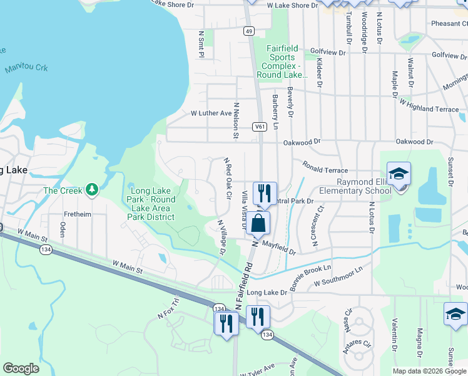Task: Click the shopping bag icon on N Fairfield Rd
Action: tap(258, 222)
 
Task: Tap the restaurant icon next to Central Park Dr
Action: tap(265, 192)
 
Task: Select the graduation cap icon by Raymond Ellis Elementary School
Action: tap(399, 173)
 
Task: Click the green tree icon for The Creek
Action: tap(93, 189)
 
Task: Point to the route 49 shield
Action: tap(249, 31)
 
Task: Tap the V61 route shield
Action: tap(260, 127)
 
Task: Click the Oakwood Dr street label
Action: tap(302, 142)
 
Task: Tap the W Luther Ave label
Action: tap(211, 113)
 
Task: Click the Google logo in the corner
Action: tap(21, 368)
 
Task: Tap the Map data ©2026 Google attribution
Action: tap(429, 371)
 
